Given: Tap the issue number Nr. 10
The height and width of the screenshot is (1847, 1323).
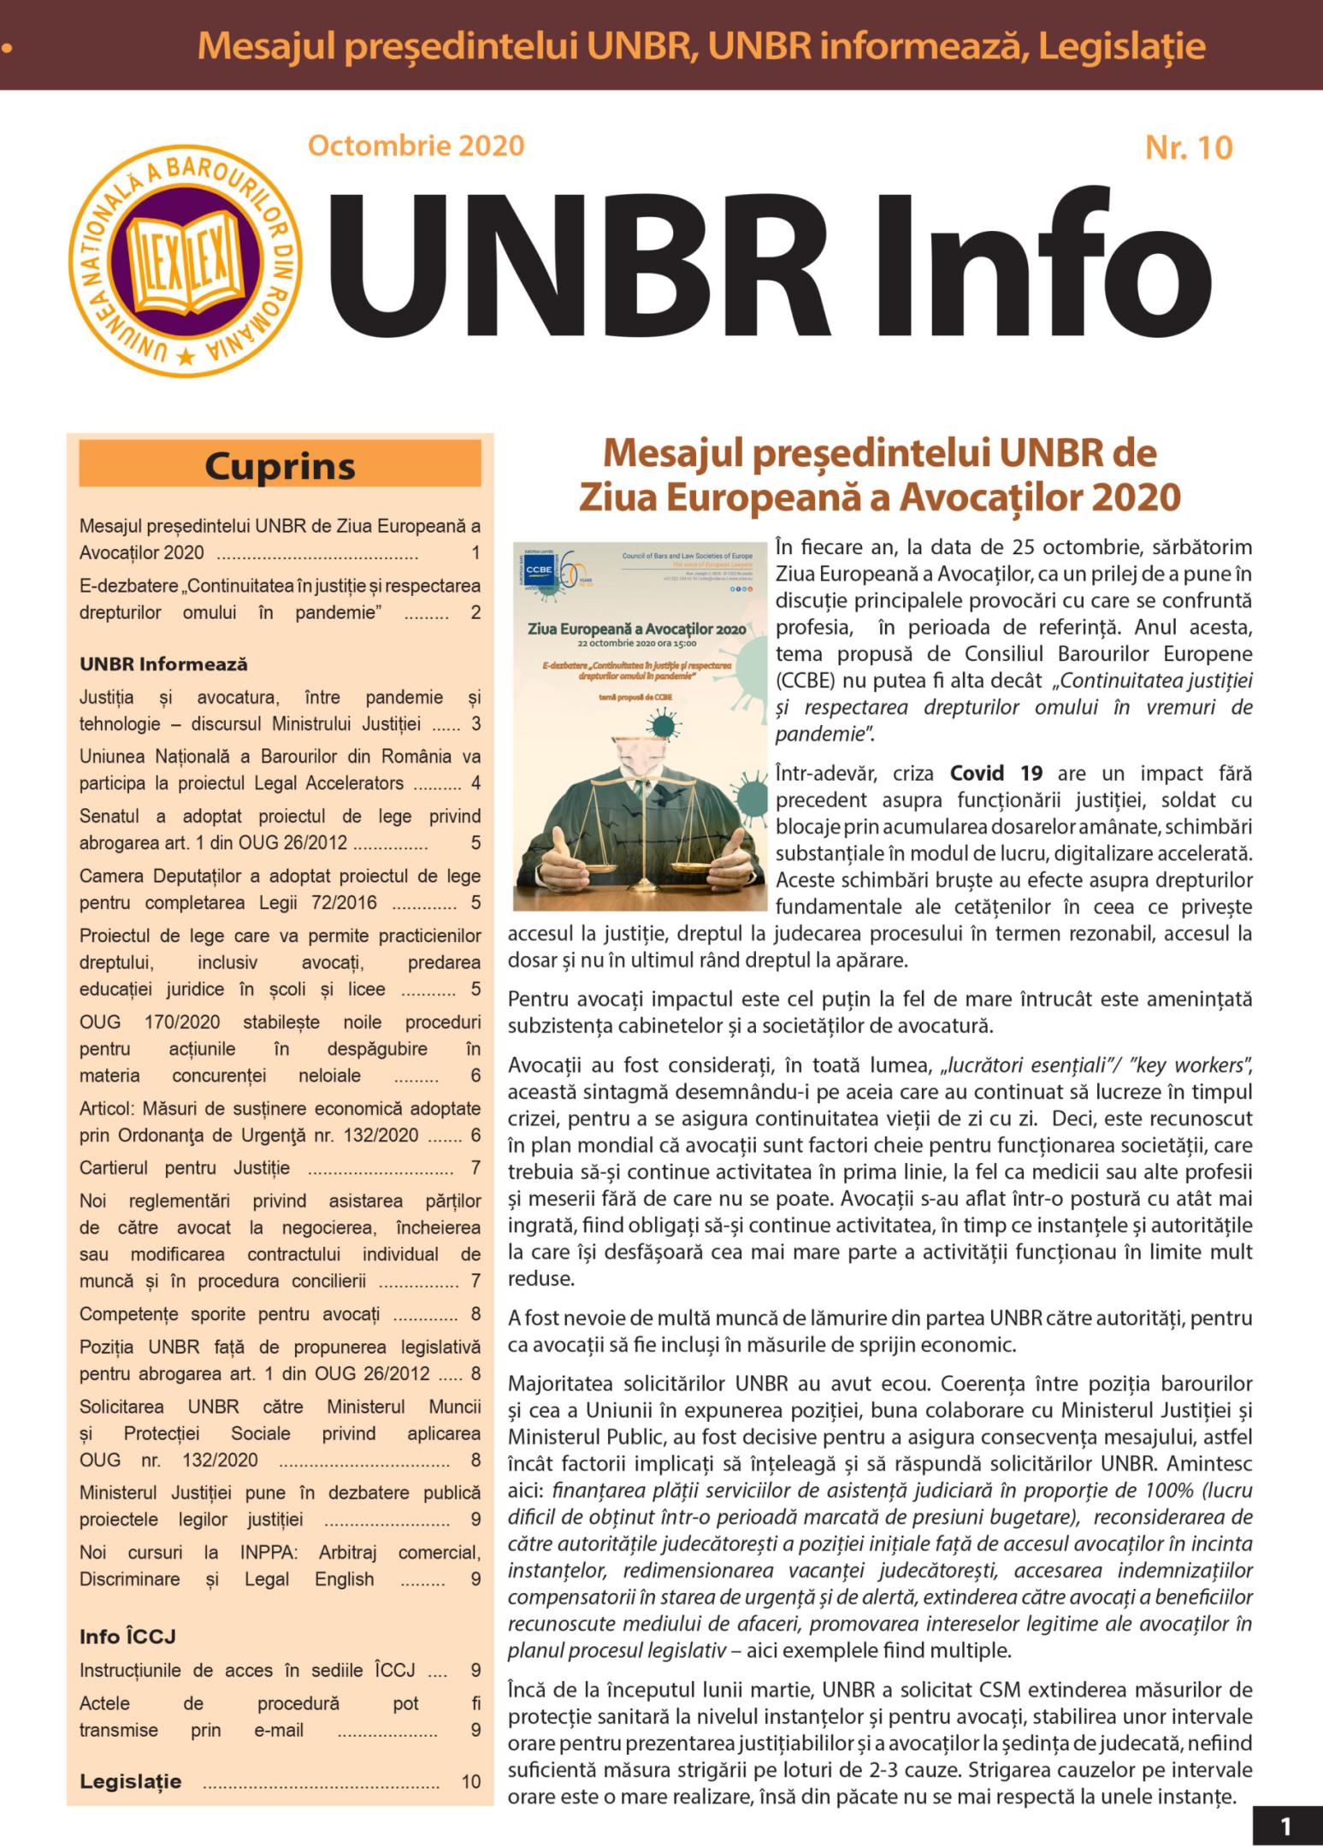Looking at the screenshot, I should click(1189, 148).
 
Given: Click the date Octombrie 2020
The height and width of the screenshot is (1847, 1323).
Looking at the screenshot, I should click(416, 145).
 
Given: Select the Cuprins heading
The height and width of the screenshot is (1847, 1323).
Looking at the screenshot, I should click(280, 467).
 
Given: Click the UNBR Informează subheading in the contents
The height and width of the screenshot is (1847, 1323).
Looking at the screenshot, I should click(163, 664).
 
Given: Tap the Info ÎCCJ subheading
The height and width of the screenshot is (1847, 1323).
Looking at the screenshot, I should click(127, 1636).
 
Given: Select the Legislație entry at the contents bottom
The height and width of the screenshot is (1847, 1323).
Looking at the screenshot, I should click(131, 1781).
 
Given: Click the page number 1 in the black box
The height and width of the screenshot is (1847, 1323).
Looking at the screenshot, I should click(1286, 1826).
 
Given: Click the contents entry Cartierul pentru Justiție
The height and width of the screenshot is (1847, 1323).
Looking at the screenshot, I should click(185, 1167).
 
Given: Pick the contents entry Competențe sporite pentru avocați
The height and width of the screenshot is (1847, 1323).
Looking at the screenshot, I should click(229, 1313).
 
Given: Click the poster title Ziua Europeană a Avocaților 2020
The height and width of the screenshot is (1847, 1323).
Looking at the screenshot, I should click(636, 628).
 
